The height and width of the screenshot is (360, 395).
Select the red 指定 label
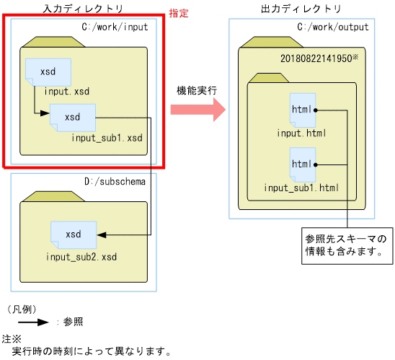178,14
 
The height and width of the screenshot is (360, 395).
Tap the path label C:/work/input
116,27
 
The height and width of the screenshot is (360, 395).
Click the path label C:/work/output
332,27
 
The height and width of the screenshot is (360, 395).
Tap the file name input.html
301,133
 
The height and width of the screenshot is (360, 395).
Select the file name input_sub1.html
301,188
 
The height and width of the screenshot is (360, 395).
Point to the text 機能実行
197,92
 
